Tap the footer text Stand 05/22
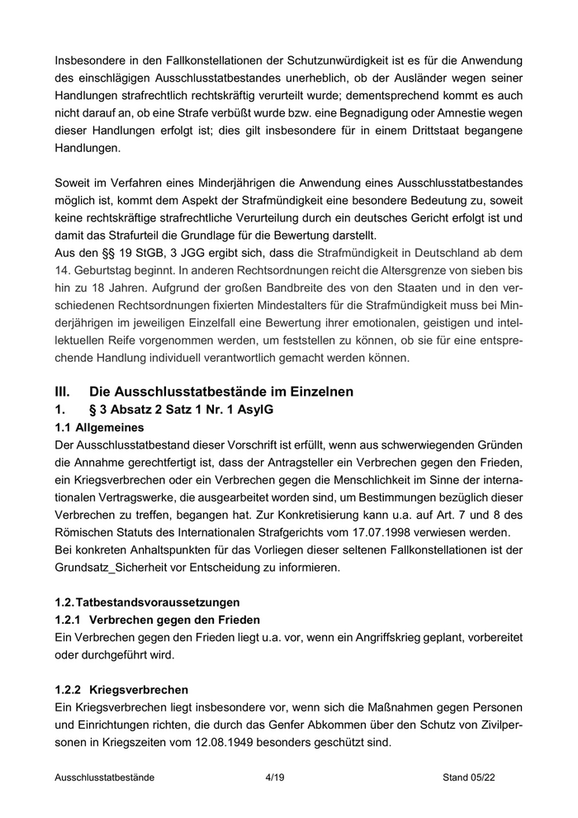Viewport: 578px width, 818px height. click(x=468, y=778)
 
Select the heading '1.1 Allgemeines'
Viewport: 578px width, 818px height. click(x=98, y=428)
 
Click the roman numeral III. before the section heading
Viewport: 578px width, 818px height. click(x=64, y=391)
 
